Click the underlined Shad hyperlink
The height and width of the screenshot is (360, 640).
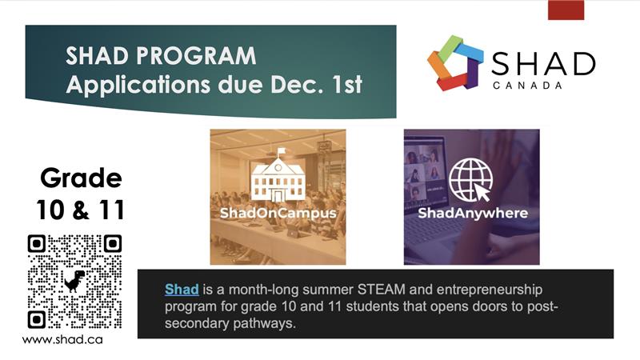coord(182,290)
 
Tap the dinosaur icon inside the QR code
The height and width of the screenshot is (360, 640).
coord(74,281)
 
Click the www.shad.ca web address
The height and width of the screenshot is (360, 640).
coord(62,339)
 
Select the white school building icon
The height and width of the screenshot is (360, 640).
coord(278,176)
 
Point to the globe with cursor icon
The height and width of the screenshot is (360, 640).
coord(471,180)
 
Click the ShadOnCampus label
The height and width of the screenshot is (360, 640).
coord(278,213)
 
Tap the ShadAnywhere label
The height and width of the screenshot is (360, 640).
coord(473,213)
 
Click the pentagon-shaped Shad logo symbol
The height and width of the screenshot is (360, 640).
coord(455,62)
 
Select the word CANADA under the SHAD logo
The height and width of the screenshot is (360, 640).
coord(527,86)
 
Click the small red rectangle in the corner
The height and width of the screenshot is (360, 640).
coord(566,10)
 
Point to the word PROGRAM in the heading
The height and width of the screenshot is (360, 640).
coord(196,55)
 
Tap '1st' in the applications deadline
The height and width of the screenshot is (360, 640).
coord(346,84)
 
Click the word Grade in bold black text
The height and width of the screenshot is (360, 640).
coord(81,178)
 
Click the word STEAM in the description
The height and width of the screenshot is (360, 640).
coord(382,290)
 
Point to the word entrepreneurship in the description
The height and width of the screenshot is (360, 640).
coord(490,290)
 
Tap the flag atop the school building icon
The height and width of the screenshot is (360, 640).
coord(281,152)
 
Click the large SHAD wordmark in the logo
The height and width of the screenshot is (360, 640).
coord(543,64)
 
